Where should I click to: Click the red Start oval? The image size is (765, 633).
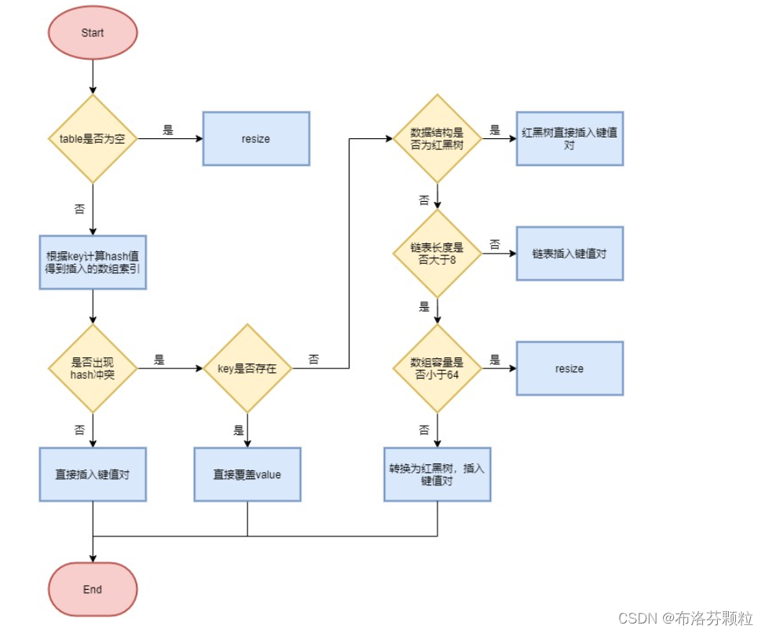click(x=93, y=33)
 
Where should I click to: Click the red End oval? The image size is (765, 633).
click(x=93, y=589)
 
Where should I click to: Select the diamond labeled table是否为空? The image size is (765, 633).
click(x=93, y=139)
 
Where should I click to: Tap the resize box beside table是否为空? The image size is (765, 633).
click(x=256, y=139)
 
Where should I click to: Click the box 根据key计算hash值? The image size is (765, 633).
click(x=93, y=262)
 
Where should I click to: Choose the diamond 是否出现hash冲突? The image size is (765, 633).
click(x=93, y=368)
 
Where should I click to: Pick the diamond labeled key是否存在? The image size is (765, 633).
click(x=247, y=368)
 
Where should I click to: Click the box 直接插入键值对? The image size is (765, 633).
click(x=93, y=474)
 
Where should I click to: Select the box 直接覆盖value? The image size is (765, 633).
click(x=247, y=474)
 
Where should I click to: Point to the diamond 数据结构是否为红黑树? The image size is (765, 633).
click(x=437, y=139)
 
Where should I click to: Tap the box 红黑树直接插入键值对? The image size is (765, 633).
click(x=569, y=139)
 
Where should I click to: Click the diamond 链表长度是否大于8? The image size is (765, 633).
click(x=437, y=254)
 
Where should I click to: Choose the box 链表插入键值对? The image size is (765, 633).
click(x=569, y=254)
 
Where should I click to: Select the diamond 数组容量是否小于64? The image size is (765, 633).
click(x=437, y=368)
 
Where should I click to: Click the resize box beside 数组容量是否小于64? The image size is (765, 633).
click(x=569, y=368)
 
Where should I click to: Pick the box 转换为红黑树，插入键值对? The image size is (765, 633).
click(x=437, y=474)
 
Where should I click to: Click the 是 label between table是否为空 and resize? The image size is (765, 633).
click(x=168, y=130)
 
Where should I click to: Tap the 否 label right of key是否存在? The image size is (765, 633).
click(x=314, y=360)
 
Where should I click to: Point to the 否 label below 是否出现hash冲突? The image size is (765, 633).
click(x=79, y=430)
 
